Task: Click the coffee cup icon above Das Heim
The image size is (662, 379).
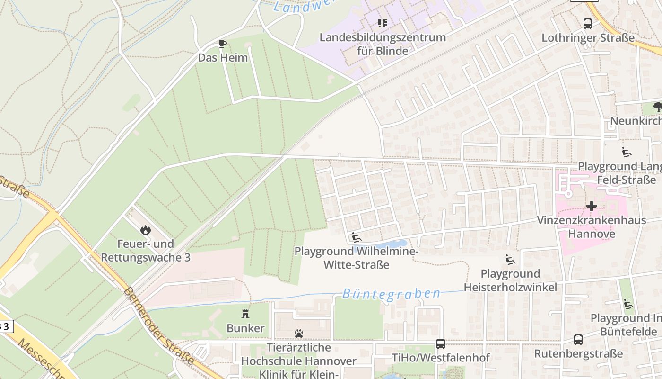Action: click(x=222, y=44)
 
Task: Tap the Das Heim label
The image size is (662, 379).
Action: click(x=223, y=58)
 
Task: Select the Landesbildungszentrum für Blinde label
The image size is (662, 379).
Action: click(x=383, y=44)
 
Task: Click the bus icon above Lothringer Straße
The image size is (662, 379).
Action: click(x=588, y=24)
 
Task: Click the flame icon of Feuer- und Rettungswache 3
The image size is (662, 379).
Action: click(x=145, y=230)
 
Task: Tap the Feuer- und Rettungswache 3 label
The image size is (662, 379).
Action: click(x=146, y=251)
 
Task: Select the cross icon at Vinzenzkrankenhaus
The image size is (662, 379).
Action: click(x=591, y=206)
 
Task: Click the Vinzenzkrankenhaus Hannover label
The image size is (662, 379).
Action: click(x=591, y=227)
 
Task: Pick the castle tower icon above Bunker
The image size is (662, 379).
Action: click(x=245, y=314)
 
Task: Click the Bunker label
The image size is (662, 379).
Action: click(x=245, y=328)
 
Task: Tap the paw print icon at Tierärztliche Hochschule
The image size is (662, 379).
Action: click(x=298, y=334)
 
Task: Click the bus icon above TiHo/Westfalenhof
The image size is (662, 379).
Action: click(x=441, y=344)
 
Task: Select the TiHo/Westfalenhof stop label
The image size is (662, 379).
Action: click(x=441, y=357)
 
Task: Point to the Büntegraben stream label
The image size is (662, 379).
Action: click(x=391, y=294)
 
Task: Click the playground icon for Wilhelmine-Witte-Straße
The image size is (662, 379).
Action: click(x=357, y=237)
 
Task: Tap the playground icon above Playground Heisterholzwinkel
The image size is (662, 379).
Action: click(x=510, y=260)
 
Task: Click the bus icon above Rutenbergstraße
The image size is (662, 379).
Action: click(x=578, y=340)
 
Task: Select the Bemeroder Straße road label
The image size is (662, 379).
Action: click(x=158, y=325)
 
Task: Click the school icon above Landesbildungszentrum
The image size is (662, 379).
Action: click(x=383, y=23)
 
